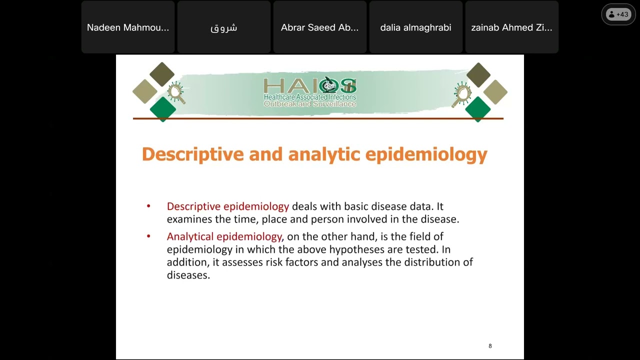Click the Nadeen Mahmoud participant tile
(x=128, y=27)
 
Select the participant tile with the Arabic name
(x=223, y=27)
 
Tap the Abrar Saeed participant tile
(x=320, y=27)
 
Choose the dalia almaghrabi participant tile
(x=415, y=27)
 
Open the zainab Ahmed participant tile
(x=511, y=27)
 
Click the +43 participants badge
(x=618, y=14)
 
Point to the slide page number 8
(x=490, y=346)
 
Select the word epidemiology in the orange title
(x=426, y=154)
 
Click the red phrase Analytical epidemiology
(x=224, y=236)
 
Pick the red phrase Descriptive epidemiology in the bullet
(x=227, y=206)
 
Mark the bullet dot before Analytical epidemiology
(x=148, y=236)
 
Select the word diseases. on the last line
(x=188, y=275)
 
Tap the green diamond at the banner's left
(x=163, y=108)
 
